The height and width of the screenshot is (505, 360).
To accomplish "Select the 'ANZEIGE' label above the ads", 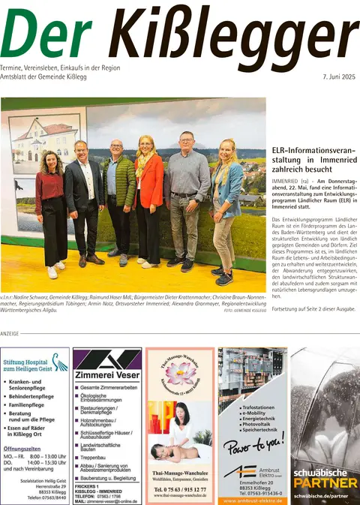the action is click(10, 332).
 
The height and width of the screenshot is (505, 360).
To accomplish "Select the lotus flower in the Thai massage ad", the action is click(179, 371).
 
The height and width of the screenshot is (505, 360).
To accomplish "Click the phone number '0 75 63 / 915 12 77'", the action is click(180, 490).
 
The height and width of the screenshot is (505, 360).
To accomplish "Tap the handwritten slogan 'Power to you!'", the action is click(252, 443).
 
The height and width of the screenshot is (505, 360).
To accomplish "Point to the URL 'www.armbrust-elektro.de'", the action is click(252, 500).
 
